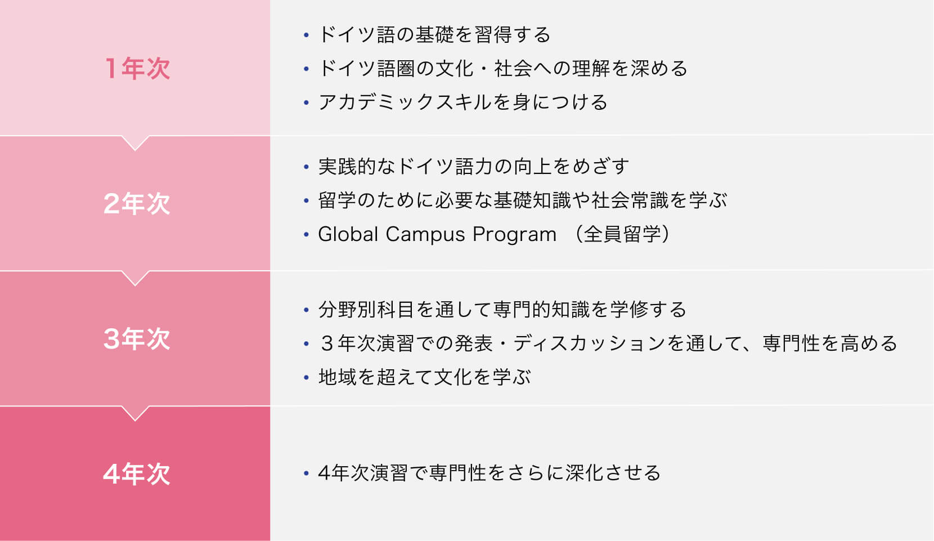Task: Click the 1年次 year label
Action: pos(137,69)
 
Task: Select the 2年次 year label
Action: pos(137,204)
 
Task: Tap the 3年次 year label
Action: pos(137,339)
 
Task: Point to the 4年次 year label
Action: pos(137,474)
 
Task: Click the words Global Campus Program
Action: pos(437,234)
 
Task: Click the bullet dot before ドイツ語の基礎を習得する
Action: pos(307,35)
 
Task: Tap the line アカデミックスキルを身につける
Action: pos(463,102)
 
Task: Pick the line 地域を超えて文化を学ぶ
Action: pos(424,377)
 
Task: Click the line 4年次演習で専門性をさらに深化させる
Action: pos(489,473)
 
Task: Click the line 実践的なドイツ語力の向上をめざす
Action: pos(473,167)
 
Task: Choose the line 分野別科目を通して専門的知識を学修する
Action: pos(502,310)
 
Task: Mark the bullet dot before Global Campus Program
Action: pos(307,234)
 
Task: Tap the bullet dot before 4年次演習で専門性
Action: pos(307,473)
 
